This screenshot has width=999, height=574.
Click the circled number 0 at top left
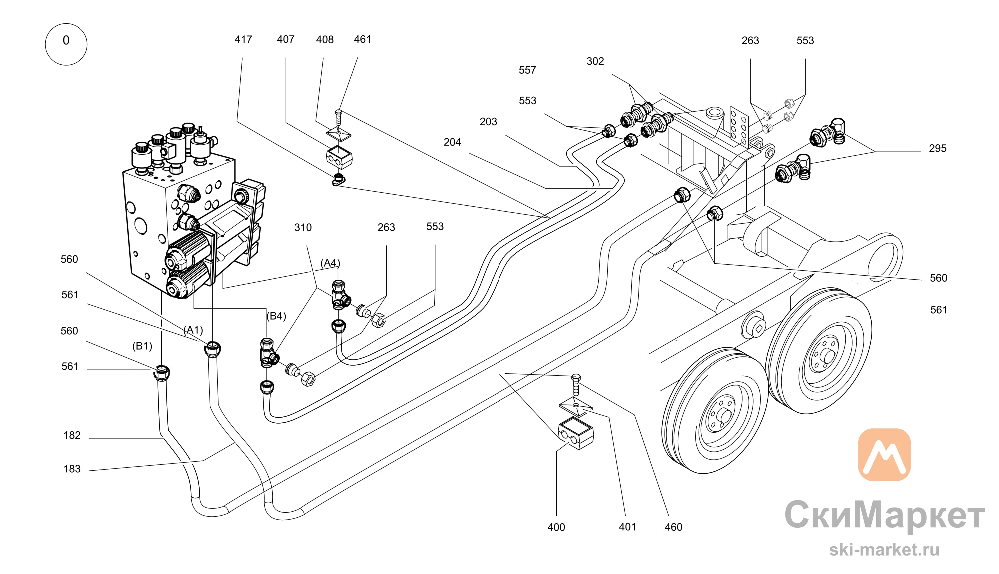coord(66,44)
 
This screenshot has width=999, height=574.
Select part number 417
coord(243,39)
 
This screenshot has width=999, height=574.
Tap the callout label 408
coord(325,39)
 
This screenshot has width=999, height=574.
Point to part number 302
coord(595,61)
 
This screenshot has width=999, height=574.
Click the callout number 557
coord(527,70)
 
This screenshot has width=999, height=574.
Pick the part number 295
coord(938,148)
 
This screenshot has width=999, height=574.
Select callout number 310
coord(303,228)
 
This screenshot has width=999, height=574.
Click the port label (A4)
coord(330,263)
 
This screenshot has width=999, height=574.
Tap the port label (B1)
coord(142,346)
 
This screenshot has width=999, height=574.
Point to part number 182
coord(72,435)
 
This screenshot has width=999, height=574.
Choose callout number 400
coord(556,527)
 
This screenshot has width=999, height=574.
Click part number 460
coord(673,527)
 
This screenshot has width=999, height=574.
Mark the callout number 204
coord(452,142)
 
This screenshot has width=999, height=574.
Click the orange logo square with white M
coord(884,455)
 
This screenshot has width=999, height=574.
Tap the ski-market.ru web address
coord(884,550)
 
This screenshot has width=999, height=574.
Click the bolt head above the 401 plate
coord(576,377)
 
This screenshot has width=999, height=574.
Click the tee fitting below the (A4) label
coord(340,295)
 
